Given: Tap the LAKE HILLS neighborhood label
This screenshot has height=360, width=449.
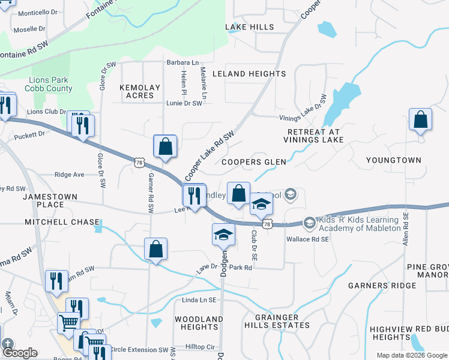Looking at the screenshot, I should click(x=249, y=27).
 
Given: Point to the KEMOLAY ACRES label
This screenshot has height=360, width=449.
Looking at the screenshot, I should click(x=140, y=91).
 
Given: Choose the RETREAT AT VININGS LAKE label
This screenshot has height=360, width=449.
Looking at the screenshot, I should click(x=314, y=136).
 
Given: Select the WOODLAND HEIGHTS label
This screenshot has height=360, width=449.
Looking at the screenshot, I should click(x=198, y=323).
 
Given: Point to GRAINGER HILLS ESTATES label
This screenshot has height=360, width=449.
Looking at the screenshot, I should click(x=277, y=321).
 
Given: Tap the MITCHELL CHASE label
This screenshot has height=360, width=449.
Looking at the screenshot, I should click(x=62, y=222).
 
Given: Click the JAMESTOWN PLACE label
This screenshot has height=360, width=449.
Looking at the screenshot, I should click(x=43, y=200).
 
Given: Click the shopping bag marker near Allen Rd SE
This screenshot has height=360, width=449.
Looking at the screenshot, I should click(x=421, y=120).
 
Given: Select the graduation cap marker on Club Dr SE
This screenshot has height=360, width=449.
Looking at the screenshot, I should click(x=262, y=206).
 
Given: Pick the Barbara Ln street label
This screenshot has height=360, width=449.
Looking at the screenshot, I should click(x=182, y=62).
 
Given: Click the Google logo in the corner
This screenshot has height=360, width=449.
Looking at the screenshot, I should click(x=20, y=353).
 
